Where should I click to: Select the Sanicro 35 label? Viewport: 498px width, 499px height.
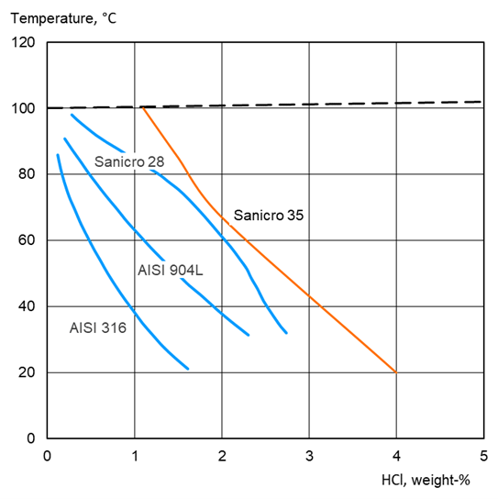(x=268, y=216)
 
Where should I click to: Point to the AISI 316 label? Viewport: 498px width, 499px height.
(x=97, y=327)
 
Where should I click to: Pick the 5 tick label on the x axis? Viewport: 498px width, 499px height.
(x=483, y=454)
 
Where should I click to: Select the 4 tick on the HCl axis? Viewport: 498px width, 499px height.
(x=396, y=454)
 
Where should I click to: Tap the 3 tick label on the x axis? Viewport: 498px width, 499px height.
(x=309, y=454)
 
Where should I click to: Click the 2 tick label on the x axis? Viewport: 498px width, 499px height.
(x=222, y=454)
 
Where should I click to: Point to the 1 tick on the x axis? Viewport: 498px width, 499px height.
(x=135, y=454)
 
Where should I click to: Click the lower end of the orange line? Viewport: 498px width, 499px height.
(x=396, y=371)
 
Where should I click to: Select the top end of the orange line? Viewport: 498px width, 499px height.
(x=143, y=108)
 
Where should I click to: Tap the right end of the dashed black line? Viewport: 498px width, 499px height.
(x=481, y=102)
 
